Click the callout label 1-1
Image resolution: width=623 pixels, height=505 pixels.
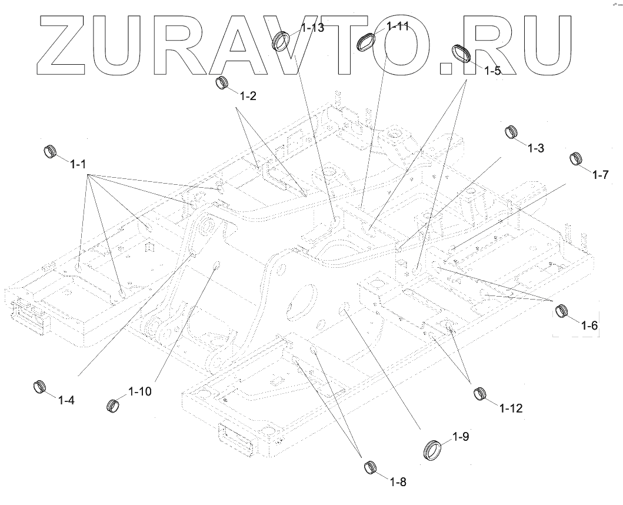click(78, 164)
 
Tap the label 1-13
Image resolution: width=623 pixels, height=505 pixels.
click(312, 28)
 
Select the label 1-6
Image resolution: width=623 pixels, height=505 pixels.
click(589, 325)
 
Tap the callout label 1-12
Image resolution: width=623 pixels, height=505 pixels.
click(511, 407)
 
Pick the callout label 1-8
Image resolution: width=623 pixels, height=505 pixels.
click(398, 481)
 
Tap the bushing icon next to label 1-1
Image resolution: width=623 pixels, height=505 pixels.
click(51, 151)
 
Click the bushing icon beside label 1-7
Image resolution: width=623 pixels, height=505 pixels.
click(577, 159)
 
